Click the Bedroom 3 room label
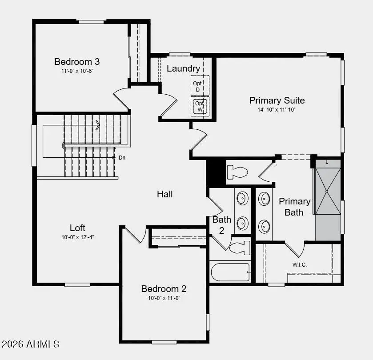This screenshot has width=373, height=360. (74, 62)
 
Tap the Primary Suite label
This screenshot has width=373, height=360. (277, 100)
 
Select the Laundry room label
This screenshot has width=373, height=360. (183, 68)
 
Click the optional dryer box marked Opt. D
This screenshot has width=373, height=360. (198, 86)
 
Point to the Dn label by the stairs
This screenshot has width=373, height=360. (121, 157)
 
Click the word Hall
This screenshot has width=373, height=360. (164, 194)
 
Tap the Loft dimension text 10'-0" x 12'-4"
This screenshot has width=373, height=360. (78, 237)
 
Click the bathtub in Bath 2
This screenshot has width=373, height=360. (230, 272)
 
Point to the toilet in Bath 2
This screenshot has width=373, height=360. (240, 247)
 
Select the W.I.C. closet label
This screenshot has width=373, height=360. (299, 265)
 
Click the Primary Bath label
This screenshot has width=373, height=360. (294, 207)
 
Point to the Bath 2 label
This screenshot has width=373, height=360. (221, 224)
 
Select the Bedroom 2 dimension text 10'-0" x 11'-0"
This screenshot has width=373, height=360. (164, 298)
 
